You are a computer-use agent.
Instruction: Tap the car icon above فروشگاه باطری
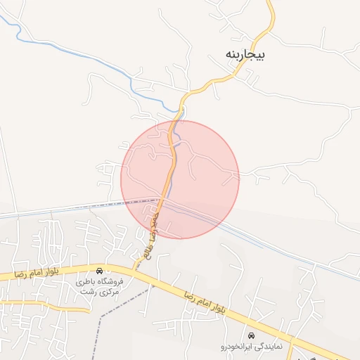[x=100, y=271]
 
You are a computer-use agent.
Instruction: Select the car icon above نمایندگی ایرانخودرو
[x=252, y=335]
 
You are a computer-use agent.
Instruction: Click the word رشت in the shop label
[x=87, y=291]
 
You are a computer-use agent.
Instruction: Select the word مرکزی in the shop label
[x=108, y=291]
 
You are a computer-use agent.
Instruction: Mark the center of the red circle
[x=180, y=179]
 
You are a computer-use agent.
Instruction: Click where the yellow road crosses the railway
[x=162, y=200]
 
